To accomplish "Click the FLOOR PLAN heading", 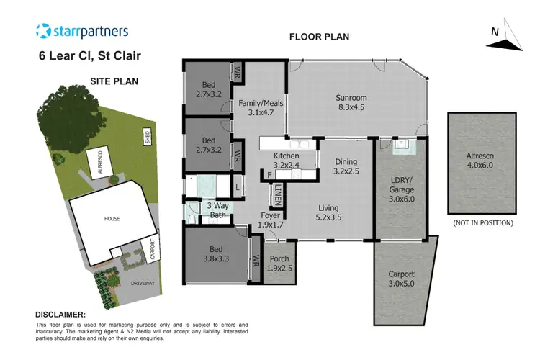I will [x=319, y=37].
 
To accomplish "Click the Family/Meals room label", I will [x=261, y=108].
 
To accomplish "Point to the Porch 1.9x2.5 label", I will [x=279, y=263].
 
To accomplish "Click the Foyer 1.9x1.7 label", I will [x=273, y=220].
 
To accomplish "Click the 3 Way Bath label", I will [x=219, y=209].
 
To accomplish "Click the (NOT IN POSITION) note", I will [x=482, y=223].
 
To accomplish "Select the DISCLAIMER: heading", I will [x=60, y=315].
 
